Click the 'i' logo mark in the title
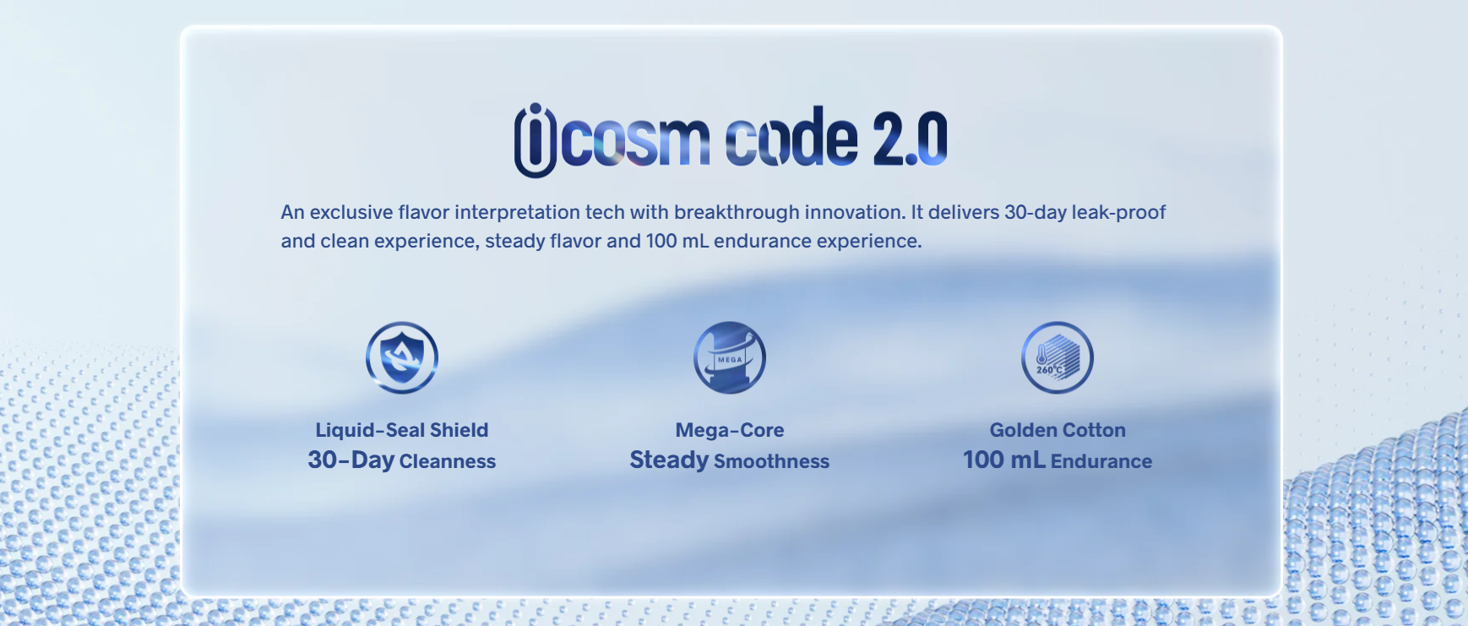tap(535, 140)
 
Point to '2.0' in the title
tap(911, 138)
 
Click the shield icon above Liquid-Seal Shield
tap(402, 357)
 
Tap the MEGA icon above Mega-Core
tap(730, 357)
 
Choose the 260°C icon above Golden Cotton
tap(1058, 357)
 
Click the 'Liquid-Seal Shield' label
tap(402, 430)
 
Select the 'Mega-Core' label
tap(730, 430)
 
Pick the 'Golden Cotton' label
tap(1058, 430)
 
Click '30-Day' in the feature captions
tap(351, 460)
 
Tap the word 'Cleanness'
tap(448, 461)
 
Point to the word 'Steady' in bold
tap(669, 460)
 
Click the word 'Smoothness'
tap(772, 461)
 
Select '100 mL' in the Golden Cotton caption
tap(1004, 460)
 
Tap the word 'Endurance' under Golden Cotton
tap(1101, 461)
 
